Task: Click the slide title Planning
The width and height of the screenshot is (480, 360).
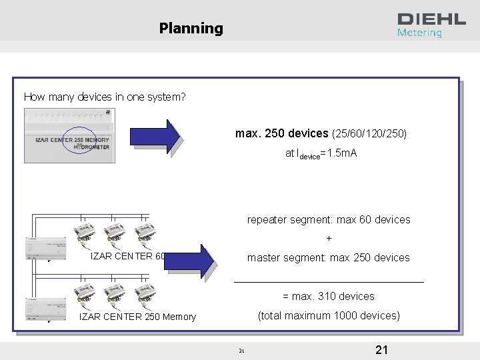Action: tap(191, 28)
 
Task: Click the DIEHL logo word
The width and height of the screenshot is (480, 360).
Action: tap(431, 19)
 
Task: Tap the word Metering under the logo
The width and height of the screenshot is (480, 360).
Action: tap(419, 33)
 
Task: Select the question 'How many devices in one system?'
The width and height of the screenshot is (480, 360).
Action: tap(105, 97)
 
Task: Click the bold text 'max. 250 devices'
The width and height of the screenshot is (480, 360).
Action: tap(282, 134)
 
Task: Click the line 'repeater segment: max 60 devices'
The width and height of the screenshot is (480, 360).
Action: tap(329, 219)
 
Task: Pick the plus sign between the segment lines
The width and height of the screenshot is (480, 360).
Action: tap(329, 238)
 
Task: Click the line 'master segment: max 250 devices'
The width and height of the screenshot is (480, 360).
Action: tap(329, 257)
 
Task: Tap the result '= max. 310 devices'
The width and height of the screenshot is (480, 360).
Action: tap(329, 296)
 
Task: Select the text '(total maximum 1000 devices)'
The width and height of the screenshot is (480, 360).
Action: tap(329, 315)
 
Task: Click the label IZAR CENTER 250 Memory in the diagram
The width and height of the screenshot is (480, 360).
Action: tap(137, 317)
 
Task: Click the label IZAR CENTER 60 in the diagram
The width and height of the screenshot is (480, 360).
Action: tap(127, 257)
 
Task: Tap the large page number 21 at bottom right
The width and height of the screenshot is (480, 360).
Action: tap(382, 350)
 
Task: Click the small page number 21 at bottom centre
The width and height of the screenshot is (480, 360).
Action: tap(241, 351)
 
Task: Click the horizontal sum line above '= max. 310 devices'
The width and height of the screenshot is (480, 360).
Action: tap(329, 282)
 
